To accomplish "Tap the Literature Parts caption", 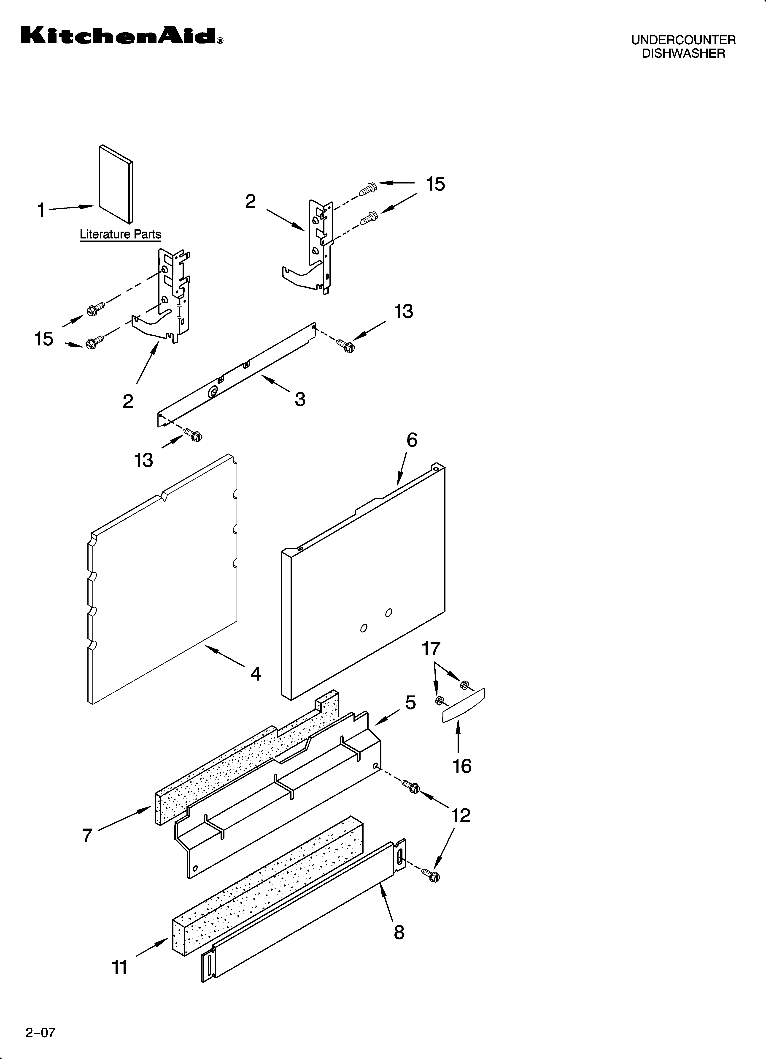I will (120, 234).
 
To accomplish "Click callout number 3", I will (300, 399).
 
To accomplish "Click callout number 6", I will (411, 440).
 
